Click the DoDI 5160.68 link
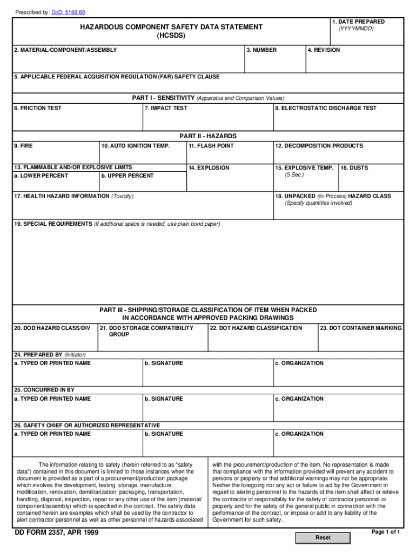(x=68, y=12)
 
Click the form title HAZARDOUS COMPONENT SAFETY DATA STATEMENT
(x=171, y=27)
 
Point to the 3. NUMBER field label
(x=262, y=50)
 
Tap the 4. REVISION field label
(x=324, y=50)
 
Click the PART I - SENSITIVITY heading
(x=163, y=98)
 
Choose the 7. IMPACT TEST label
(x=166, y=109)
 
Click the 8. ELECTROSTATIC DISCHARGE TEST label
(x=326, y=109)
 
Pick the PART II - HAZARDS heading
(x=208, y=136)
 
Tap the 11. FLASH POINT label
(x=211, y=146)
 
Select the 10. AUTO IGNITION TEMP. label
(x=135, y=146)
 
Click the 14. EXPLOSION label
(x=209, y=168)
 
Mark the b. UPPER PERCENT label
(x=127, y=176)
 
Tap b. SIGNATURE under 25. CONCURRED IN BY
(x=164, y=399)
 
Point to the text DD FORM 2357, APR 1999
(x=56, y=534)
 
